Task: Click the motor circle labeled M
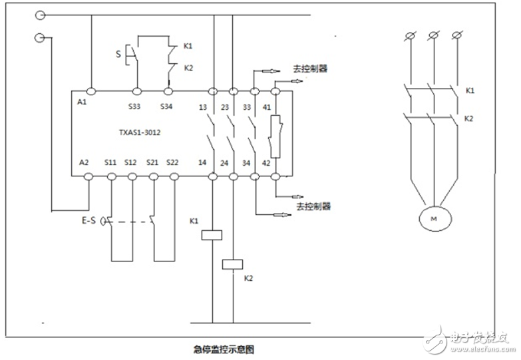[x=434, y=218]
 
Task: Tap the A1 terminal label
[x=83, y=105]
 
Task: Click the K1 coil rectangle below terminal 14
[x=212, y=234]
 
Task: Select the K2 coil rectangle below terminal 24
[x=233, y=263]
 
